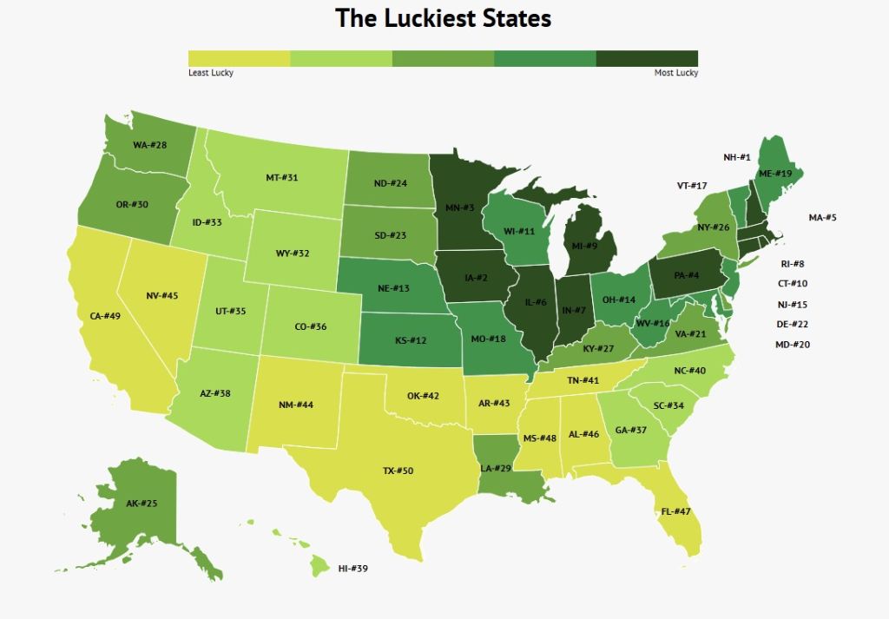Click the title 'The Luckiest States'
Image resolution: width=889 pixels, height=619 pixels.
click(443, 18)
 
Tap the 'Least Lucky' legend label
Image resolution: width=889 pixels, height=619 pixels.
click(211, 73)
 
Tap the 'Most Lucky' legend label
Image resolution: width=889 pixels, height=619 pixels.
click(675, 73)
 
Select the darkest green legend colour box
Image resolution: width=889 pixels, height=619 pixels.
click(647, 58)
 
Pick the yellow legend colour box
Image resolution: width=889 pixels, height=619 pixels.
click(239, 58)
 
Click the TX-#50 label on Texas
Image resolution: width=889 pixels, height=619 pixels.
click(398, 471)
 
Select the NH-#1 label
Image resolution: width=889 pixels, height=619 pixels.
click(736, 157)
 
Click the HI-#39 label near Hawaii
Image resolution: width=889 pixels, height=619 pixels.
click(353, 569)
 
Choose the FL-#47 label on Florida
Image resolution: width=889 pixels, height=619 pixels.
click(676, 511)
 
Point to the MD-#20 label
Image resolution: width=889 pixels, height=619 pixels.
click(792, 345)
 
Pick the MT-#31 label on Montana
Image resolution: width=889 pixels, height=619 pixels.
click(282, 178)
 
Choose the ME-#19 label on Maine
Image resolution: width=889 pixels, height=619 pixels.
click(775, 174)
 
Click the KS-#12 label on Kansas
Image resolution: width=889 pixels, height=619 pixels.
click(410, 339)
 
